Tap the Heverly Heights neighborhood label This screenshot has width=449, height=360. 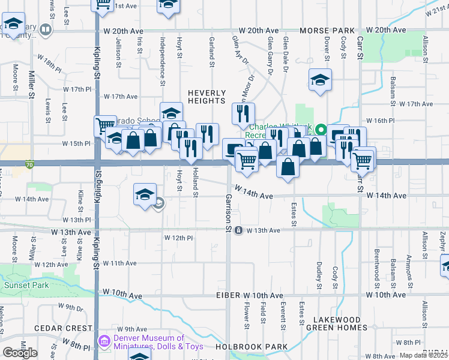(207, 97)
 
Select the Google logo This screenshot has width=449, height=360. (20, 352)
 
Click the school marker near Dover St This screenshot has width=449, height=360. (321, 80)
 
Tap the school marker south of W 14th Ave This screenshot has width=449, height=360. (145, 194)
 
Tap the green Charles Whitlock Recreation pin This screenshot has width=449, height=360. (321, 129)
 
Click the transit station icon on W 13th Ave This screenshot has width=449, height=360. (239, 230)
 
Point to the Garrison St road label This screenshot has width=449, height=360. (228, 212)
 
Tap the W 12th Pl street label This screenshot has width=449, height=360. (179, 238)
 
